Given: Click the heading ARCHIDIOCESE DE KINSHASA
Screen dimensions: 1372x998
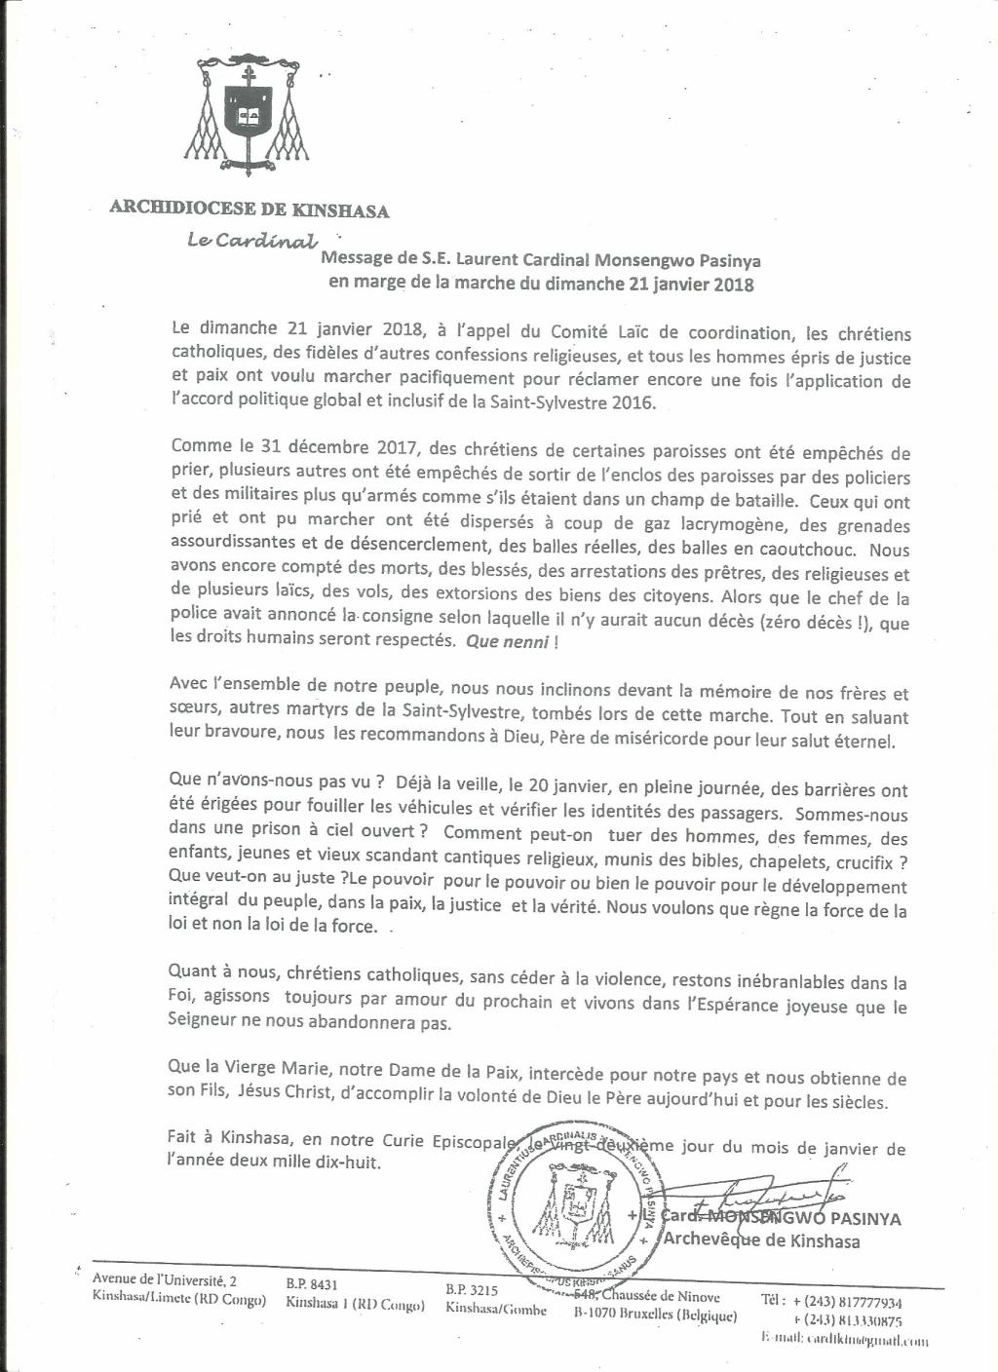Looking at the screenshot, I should tap(249, 210).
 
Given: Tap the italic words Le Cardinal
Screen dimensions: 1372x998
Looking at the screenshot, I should tap(251, 241).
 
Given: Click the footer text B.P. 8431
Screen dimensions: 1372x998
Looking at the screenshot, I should tap(312, 1285).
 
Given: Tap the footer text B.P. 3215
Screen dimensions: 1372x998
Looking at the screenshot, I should tap(472, 1289).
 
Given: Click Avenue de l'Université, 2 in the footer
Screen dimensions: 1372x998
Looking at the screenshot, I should tap(164, 1279).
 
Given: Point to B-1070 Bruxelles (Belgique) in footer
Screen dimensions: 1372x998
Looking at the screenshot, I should tap(655, 1316).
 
